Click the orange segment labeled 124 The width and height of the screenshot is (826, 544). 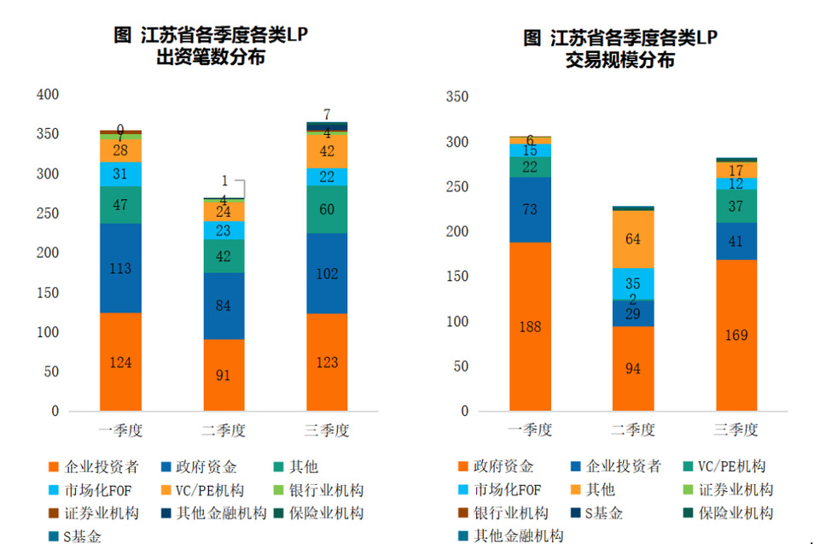pos(120,361)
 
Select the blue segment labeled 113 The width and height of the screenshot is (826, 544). pos(120,268)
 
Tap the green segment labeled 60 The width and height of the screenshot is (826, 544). pos(328,209)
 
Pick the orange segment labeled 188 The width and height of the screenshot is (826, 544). pos(530,326)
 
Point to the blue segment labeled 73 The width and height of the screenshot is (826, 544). pos(530,209)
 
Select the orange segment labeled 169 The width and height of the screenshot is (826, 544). pos(736,335)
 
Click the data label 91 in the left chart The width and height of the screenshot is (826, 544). pos(224,374)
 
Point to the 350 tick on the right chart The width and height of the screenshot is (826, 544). pos(458,97)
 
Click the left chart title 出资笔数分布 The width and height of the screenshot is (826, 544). pos(211,58)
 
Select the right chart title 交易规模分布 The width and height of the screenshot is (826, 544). pos(620,61)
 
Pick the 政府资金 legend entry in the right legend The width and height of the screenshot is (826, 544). pos(503,466)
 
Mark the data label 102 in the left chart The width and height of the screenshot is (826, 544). pos(328,274)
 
